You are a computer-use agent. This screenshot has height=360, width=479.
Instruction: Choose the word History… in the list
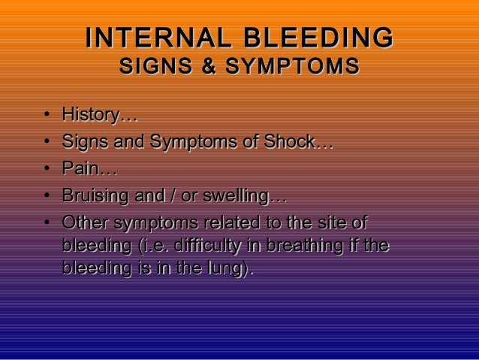[99, 116]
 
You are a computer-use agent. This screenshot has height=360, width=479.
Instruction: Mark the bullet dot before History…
[47, 117]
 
